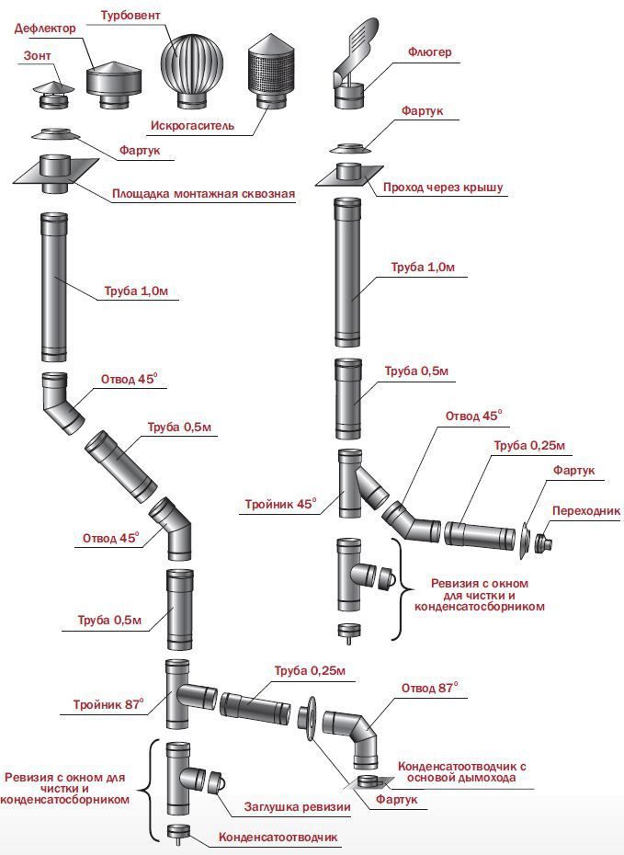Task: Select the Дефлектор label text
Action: tap(44, 28)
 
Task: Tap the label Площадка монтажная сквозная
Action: tap(203, 194)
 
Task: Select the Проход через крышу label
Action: tap(442, 187)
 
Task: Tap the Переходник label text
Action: tap(584, 510)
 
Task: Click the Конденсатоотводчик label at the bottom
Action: tap(278, 838)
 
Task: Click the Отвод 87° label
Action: tap(429, 687)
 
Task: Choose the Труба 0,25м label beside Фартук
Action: tap(528, 446)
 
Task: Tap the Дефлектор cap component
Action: tap(116, 80)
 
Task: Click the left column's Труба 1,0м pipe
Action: tap(54, 286)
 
